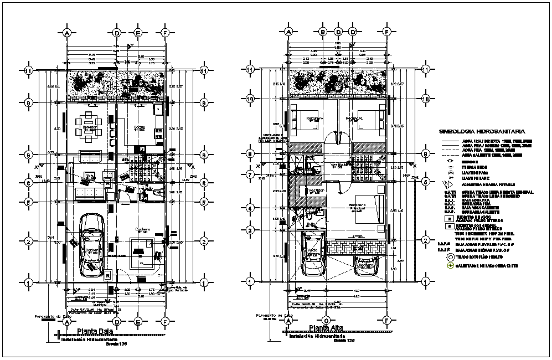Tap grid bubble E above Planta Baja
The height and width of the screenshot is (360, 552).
[138, 33]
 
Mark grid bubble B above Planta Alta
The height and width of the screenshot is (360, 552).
[323, 33]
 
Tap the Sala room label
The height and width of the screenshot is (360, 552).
[88, 176]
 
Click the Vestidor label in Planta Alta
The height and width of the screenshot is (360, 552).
[316, 190]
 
